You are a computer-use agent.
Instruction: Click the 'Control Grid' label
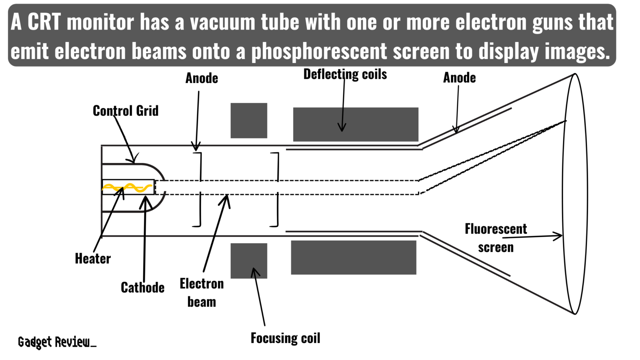click(125, 111)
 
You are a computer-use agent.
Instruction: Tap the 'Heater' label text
click(92, 259)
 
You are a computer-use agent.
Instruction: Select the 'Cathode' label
click(142, 287)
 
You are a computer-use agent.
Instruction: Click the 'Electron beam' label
click(202, 292)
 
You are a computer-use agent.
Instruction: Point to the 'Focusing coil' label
click(285, 338)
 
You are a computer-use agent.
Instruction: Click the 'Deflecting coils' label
click(345, 75)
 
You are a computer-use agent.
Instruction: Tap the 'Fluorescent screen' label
click(495, 238)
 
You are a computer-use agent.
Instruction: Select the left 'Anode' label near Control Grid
click(202, 78)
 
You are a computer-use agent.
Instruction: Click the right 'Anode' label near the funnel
click(459, 77)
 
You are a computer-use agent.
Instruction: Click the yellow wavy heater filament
click(127, 188)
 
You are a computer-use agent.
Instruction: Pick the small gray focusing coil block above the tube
click(249, 120)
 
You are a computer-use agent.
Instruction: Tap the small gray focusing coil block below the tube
click(249, 261)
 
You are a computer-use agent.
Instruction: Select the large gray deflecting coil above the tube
click(355, 124)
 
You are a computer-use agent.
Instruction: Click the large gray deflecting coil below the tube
click(353, 257)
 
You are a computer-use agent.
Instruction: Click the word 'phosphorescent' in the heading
click(319, 52)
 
